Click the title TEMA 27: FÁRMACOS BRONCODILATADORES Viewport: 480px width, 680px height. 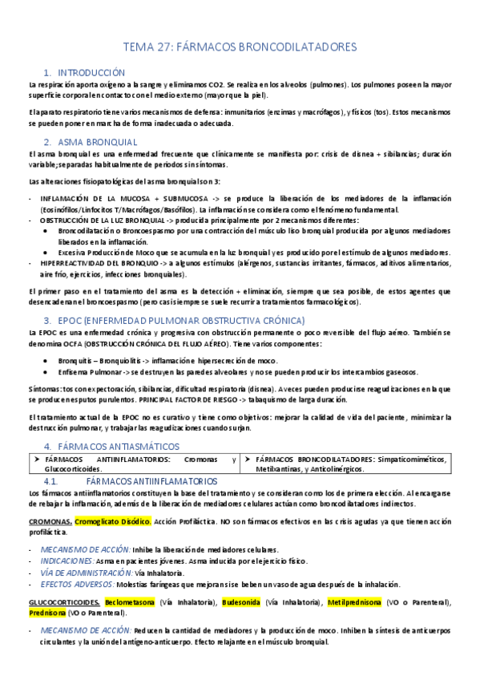[240, 47]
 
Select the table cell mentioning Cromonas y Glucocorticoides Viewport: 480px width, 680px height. [133, 463]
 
